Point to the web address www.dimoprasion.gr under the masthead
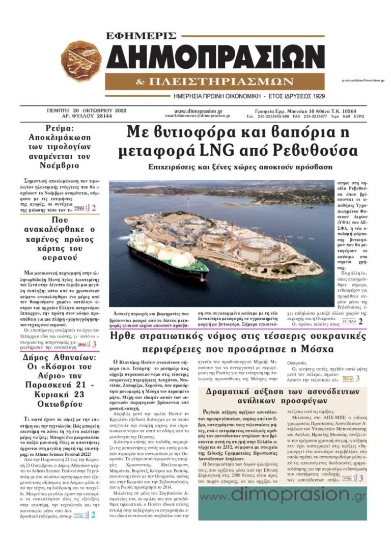[x=198, y=110]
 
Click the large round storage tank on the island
[x=259, y=250]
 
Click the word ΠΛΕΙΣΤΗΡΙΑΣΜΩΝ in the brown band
[x=222, y=82]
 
